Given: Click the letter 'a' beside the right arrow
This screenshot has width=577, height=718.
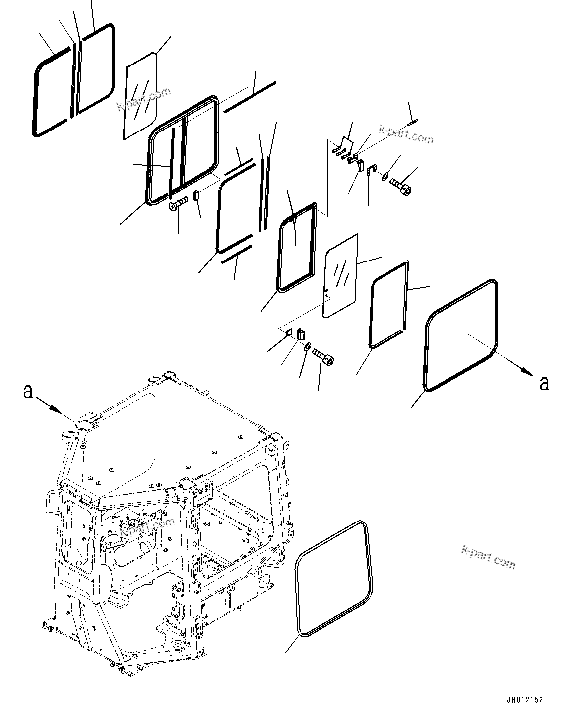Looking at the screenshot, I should tap(544, 383).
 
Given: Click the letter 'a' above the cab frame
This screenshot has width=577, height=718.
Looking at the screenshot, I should tap(28, 392).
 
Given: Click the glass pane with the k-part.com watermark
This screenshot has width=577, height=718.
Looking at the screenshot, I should tap(140, 97).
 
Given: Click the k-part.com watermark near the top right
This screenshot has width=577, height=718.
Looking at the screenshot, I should tap(405, 134).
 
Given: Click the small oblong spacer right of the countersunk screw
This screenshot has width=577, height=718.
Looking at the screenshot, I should tap(196, 195).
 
